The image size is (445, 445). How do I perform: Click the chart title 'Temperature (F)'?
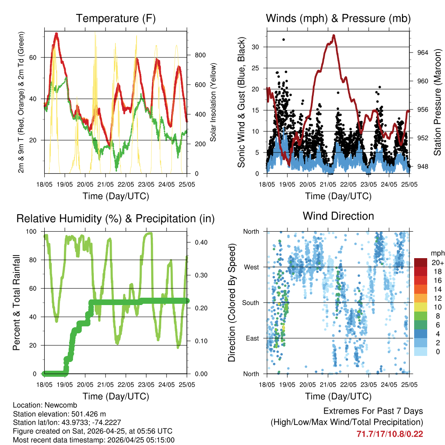tap(116, 18)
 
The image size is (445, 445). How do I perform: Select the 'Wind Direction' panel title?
tap(338, 216)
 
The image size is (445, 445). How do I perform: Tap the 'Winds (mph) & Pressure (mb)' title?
tap(338, 18)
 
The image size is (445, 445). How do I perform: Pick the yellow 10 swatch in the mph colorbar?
tap(421, 307)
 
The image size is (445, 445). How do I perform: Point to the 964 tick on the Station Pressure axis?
tap(422, 52)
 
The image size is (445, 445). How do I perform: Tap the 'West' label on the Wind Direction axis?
tap(251, 267)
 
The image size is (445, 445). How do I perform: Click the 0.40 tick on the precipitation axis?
tap(200, 242)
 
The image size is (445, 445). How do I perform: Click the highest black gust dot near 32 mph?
tap(284, 40)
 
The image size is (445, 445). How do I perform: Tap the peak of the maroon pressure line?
tap(334, 35)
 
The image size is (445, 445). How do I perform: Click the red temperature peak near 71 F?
tap(56, 34)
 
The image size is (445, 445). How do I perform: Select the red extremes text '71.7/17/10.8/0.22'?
tap(390, 434)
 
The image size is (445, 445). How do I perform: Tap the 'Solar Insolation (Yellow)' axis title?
tap(213, 102)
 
